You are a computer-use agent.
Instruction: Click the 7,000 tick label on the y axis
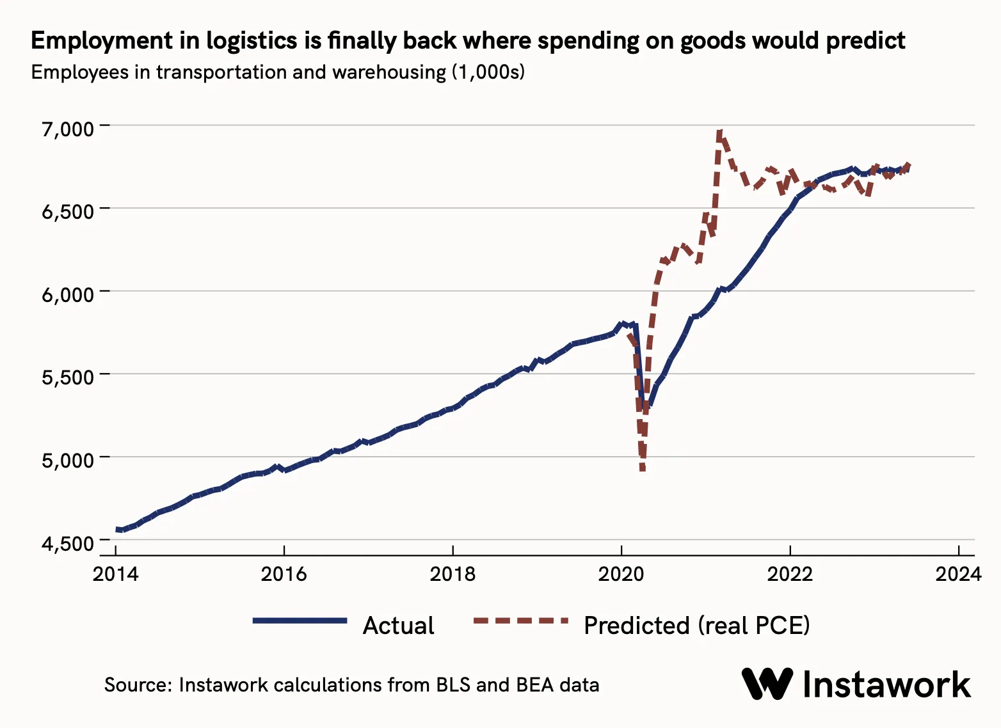pos(68,129)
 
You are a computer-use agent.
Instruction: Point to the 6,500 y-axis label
pos(68,211)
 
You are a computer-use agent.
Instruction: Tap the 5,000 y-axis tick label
pos(68,460)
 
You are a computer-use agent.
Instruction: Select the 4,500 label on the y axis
pos(68,543)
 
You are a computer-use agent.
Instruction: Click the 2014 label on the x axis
pos(115,574)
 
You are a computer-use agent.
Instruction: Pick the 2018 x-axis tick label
pos(452,574)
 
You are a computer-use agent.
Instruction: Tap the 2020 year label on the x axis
pos(621,574)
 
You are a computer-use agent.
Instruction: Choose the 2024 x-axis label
pos(958,574)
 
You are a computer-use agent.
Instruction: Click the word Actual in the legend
pos(398,625)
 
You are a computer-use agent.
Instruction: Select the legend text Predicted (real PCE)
pos(696,625)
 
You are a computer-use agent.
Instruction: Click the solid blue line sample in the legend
pos(300,621)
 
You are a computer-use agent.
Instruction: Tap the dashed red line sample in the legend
pos(520,621)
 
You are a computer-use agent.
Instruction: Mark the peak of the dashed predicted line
pos(720,133)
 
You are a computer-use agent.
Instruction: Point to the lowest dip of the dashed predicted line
pos(643,470)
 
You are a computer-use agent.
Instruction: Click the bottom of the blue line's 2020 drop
pos(647,406)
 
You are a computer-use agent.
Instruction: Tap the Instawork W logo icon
pos(767,684)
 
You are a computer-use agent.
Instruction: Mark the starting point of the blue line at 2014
pos(118,530)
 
